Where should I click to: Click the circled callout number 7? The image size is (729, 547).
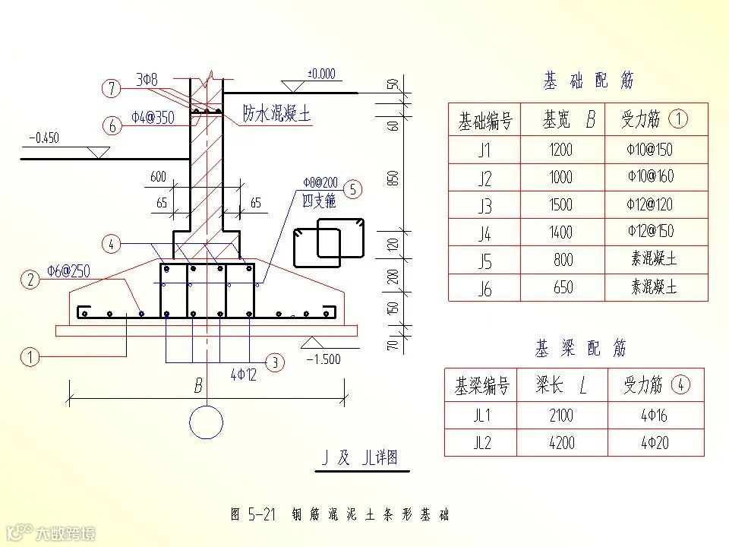(x=112, y=89)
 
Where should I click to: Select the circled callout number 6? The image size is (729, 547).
(x=112, y=125)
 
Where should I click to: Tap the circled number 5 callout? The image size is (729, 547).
(x=353, y=189)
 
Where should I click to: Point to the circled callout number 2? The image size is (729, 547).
(x=31, y=280)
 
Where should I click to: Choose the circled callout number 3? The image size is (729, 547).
(x=275, y=362)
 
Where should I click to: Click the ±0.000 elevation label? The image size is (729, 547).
(x=320, y=74)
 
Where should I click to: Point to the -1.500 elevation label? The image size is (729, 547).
(x=323, y=359)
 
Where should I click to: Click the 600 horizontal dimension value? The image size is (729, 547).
(x=158, y=177)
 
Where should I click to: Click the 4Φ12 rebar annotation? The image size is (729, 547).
(x=244, y=375)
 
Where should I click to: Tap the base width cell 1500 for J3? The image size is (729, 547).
(x=562, y=204)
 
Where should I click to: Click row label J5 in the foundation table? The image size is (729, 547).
(x=484, y=261)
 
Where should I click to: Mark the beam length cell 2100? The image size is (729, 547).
(x=561, y=415)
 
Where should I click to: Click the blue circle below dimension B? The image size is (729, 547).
(x=206, y=422)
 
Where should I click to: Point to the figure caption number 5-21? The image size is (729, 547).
(x=260, y=514)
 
